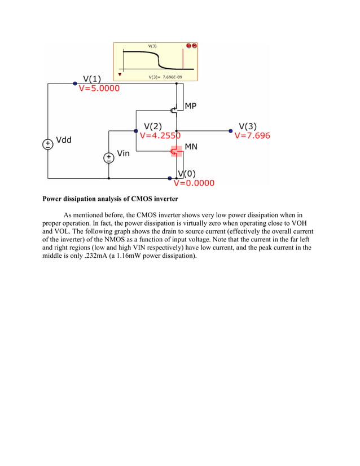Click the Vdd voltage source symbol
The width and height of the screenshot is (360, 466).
[x=48, y=144]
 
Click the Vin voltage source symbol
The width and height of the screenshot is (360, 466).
[x=108, y=158]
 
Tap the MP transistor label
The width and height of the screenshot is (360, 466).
[x=191, y=106]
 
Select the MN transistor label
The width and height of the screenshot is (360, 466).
[x=191, y=146]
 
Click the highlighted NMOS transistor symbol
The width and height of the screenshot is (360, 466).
[x=176, y=151]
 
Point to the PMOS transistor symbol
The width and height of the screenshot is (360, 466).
[x=175, y=110]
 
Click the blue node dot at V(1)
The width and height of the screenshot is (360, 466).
[x=76, y=83]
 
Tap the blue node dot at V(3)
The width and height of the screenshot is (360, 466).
[x=231, y=131]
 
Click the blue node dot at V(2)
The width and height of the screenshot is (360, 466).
[x=136, y=131]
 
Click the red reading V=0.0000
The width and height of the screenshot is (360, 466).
[x=194, y=183]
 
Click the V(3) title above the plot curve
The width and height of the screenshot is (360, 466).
[x=152, y=45]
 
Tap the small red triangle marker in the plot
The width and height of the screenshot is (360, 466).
[x=120, y=73]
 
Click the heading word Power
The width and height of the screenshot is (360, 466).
[x=55, y=199]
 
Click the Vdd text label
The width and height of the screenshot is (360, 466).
[x=64, y=140]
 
